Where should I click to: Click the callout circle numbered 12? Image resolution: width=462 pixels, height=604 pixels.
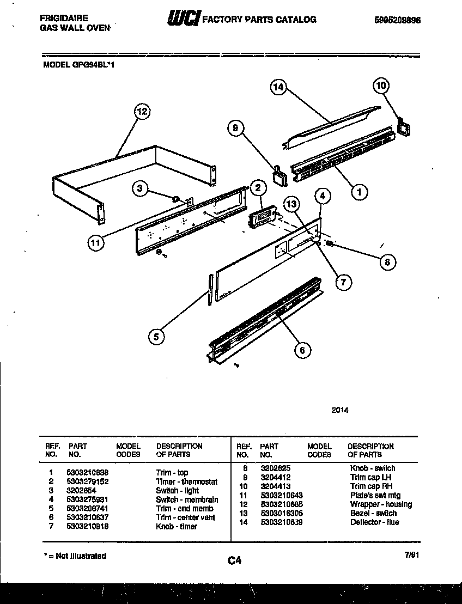[x=142, y=112]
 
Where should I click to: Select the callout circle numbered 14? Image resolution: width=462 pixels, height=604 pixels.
[x=278, y=87]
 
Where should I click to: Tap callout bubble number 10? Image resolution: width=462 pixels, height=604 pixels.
[x=381, y=85]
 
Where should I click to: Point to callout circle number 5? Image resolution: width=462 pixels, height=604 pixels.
[x=156, y=337]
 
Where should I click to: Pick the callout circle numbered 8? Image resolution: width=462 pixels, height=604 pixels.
[x=387, y=262]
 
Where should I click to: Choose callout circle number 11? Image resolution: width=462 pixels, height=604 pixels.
[x=96, y=243]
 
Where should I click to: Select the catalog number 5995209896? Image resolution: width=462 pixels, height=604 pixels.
[x=397, y=20]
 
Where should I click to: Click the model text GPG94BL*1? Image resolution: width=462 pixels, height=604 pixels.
[x=93, y=64]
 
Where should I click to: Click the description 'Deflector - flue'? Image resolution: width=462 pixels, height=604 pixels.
[x=374, y=522]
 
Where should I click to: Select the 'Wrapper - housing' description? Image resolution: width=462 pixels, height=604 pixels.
[x=381, y=504]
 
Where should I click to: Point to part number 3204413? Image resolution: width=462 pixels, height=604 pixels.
[x=276, y=486]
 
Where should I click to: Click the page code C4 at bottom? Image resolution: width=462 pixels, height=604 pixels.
[x=235, y=560]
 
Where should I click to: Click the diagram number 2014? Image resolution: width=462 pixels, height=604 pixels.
[x=340, y=410]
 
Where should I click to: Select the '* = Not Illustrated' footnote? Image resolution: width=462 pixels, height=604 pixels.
[x=75, y=556]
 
